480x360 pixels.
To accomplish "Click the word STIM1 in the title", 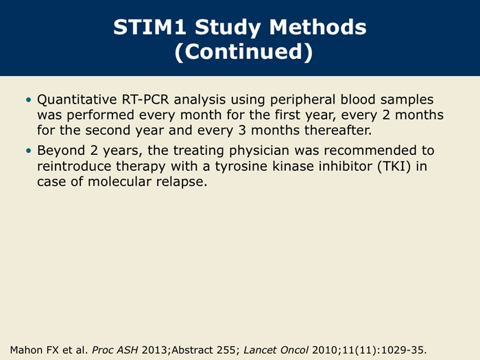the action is (x=150, y=27).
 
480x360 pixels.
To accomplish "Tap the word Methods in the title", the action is (x=317, y=27).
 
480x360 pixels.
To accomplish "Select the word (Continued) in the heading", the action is (x=244, y=51).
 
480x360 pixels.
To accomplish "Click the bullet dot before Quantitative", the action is (x=29, y=100).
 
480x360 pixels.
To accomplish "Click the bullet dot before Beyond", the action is (x=29, y=151).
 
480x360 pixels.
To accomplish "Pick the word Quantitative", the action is (x=77, y=100).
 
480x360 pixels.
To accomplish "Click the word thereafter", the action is (x=338, y=130).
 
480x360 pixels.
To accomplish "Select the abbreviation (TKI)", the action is (x=394, y=167).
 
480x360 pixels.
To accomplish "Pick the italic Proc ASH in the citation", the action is (x=115, y=350).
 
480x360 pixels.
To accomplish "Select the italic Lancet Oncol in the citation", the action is (x=276, y=350).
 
